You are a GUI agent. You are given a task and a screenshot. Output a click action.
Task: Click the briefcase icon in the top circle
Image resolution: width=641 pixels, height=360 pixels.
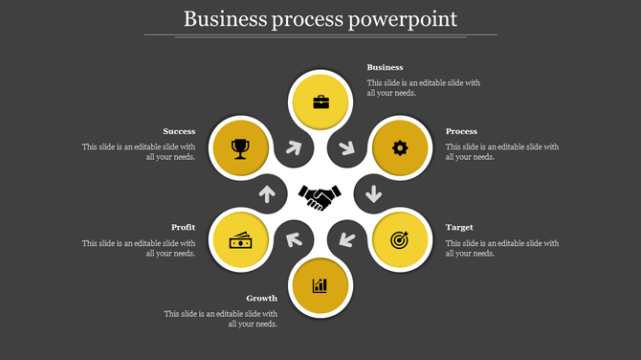click(x=320, y=101)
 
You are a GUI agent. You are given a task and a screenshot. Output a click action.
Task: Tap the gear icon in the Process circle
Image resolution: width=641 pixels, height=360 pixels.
click(x=400, y=147)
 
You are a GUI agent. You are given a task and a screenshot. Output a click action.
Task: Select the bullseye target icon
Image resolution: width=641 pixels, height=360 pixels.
click(x=400, y=239)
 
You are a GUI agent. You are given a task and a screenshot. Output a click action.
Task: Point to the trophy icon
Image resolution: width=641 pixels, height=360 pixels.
click(x=240, y=147)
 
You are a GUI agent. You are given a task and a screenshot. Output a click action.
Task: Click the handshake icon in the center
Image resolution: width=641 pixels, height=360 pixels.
click(x=320, y=196)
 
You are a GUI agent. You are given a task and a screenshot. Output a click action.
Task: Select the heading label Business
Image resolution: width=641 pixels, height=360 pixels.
click(x=386, y=68)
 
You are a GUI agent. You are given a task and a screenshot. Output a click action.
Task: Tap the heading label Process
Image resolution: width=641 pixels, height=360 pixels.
click(x=462, y=131)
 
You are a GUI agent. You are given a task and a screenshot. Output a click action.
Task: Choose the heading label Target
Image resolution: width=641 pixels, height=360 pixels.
click(x=459, y=228)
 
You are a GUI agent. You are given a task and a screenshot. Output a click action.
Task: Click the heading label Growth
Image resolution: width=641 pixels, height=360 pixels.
click(x=261, y=299)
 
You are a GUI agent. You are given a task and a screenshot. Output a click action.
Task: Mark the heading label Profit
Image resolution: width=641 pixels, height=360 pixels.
click(x=184, y=228)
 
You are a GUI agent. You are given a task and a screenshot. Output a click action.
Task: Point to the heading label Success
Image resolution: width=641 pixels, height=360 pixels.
click(x=179, y=131)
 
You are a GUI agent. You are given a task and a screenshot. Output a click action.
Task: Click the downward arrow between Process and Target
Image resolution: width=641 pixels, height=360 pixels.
click(x=372, y=194)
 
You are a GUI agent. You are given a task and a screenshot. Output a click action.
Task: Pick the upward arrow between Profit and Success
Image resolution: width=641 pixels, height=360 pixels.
click(x=267, y=194)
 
